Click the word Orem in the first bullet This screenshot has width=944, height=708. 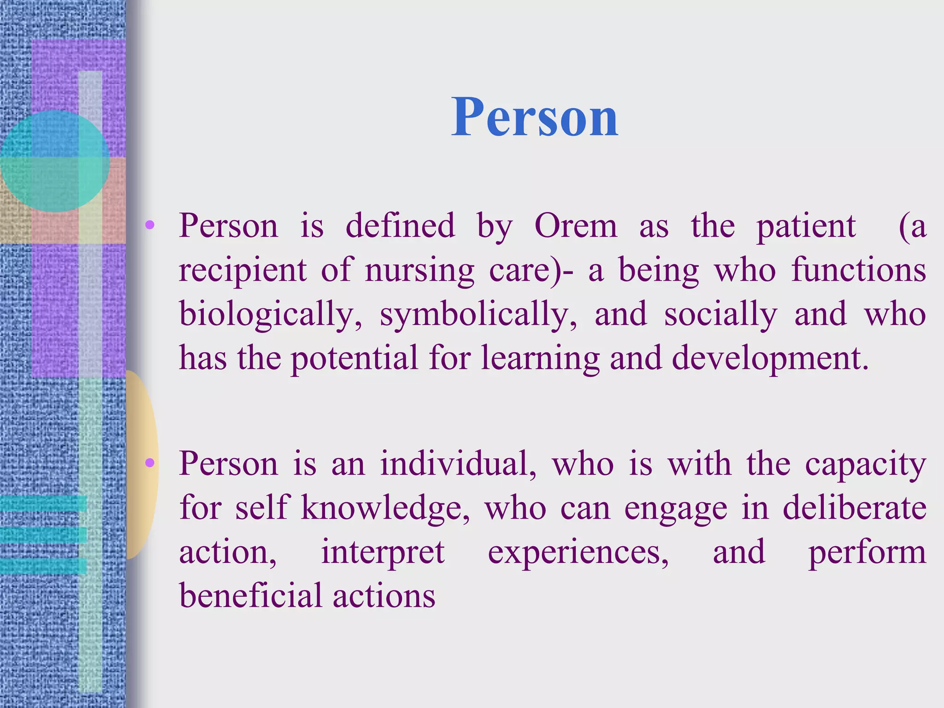coord(575,226)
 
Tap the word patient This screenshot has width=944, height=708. coord(806,226)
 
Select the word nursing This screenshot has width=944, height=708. coord(419,270)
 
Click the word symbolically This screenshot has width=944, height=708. coord(478,314)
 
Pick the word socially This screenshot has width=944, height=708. coord(720,314)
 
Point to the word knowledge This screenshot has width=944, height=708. coord(385,508)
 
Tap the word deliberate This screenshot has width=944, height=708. coord(855,507)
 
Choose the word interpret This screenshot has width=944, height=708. coord(383,552)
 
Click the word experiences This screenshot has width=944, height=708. coord(578,552)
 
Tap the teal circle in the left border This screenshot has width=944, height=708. coord(54,161)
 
